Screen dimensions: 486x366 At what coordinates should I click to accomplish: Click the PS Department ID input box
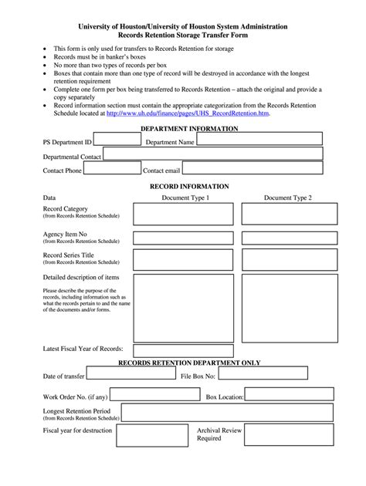(x=117, y=140)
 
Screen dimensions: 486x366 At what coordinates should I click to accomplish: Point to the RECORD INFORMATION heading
(x=189, y=187)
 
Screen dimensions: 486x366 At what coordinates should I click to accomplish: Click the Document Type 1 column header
(x=185, y=198)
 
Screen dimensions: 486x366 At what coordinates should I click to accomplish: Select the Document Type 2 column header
(x=288, y=198)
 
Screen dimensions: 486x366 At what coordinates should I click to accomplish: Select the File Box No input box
(x=262, y=373)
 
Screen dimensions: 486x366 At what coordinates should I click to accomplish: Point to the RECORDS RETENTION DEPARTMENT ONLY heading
(x=188, y=363)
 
